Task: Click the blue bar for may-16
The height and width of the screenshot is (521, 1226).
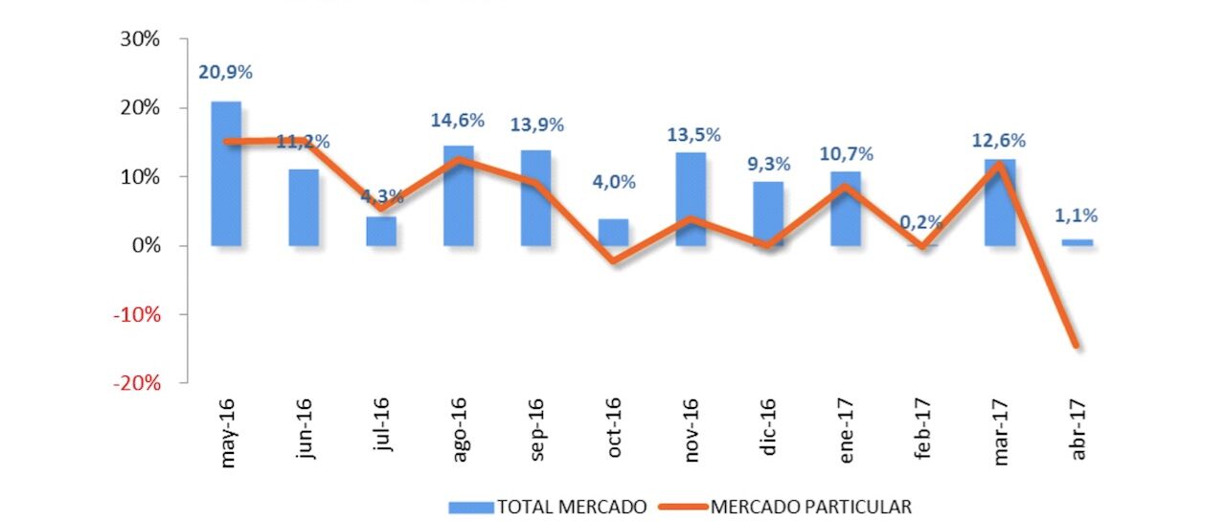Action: tap(226, 173)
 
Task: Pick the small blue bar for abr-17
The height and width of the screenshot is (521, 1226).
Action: tap(1078, 242)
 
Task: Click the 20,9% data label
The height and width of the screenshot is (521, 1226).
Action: tap(226, 72)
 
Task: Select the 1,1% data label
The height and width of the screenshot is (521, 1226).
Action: tap(1078, 215)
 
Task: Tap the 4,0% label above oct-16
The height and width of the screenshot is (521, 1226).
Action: tap(614, 182)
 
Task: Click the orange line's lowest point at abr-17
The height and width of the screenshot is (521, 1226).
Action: tap(1077, 346)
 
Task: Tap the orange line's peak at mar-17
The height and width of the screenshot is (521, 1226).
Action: tap(1000, 165)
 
